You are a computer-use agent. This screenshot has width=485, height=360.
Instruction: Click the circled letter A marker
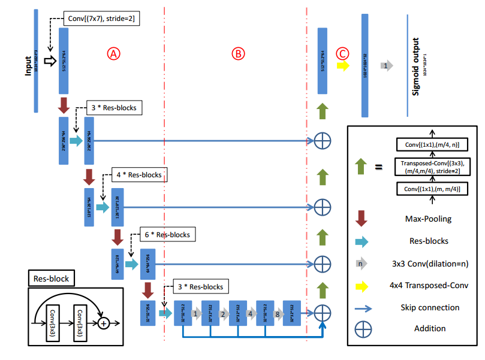click(114, 53)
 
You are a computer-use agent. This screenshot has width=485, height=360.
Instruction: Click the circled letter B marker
click(239, 53)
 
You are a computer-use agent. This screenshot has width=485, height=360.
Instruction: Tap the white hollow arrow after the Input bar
click(50, 60)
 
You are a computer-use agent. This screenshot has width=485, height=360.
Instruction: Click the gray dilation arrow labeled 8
click(277, 313)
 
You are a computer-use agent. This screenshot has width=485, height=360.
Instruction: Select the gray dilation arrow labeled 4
click(250, 313)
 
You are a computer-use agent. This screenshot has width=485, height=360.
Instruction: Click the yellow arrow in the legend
click(362, 285)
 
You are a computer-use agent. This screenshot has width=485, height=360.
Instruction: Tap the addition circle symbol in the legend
click(362, 329)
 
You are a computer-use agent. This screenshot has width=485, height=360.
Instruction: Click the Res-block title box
click(51, 279)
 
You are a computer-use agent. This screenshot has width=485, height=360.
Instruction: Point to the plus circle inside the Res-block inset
click(103, 323)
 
